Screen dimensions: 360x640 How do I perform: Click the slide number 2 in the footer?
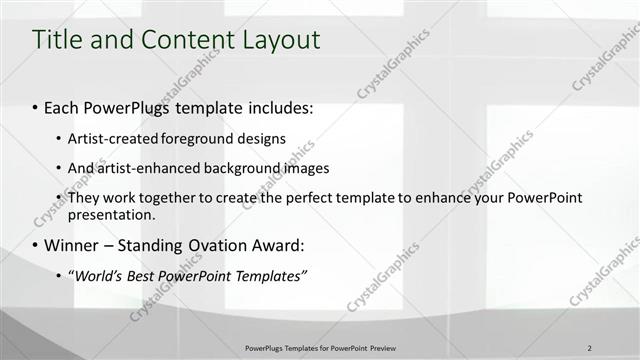(589, 348)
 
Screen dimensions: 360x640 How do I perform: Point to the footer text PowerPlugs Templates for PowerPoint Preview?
(320, 348)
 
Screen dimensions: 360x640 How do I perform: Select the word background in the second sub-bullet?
(235, 168)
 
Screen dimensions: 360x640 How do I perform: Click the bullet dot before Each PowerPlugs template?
(35, 107)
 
